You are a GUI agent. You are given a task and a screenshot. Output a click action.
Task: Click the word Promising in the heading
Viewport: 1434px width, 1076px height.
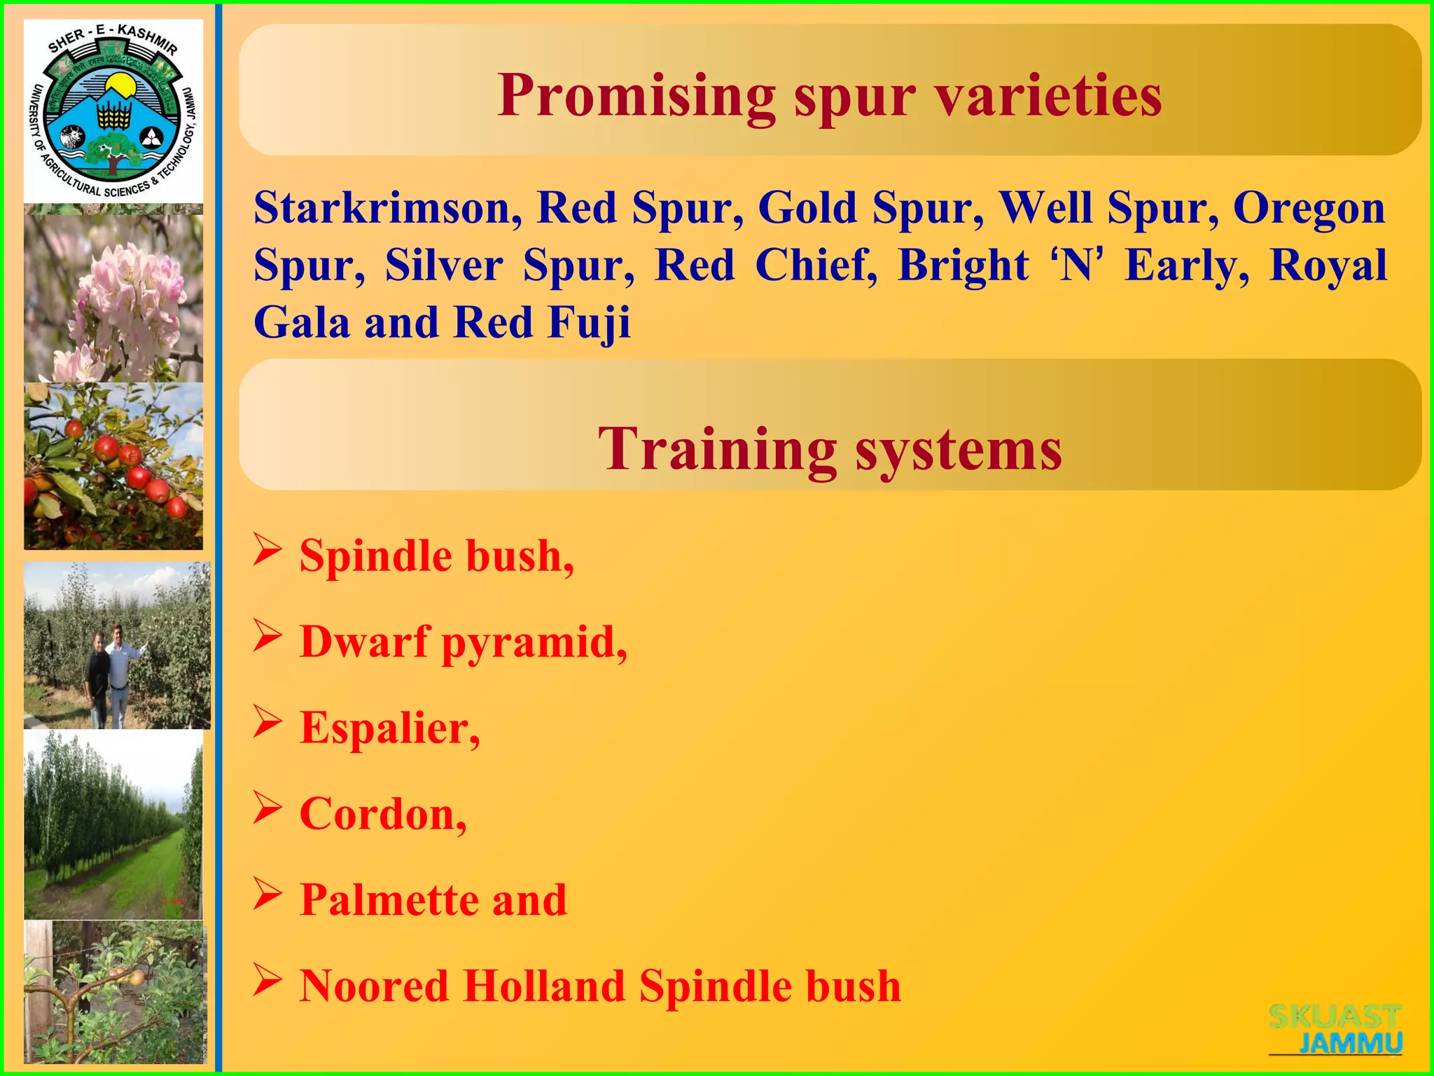(636, 97)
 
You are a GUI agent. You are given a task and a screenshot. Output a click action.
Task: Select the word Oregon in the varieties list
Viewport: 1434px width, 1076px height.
(1309, 208)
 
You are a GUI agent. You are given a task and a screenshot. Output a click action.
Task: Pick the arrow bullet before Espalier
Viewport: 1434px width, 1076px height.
(267, 722)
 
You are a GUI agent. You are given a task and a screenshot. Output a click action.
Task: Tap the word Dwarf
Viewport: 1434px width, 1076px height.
(363, 641)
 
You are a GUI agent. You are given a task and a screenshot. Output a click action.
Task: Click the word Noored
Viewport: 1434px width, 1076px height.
(374, 986)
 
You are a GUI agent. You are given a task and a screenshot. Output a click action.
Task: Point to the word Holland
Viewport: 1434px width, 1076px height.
(543, 986)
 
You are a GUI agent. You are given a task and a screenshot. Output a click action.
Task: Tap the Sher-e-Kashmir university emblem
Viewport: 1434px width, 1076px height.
(113, 111)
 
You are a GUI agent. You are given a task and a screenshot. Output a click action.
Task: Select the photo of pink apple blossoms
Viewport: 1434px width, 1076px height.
(113, 298)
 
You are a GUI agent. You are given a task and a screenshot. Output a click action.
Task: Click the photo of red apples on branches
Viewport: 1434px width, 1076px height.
(113, 466)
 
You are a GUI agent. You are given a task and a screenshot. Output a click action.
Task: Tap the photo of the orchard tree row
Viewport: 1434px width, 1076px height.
(113, 825)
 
